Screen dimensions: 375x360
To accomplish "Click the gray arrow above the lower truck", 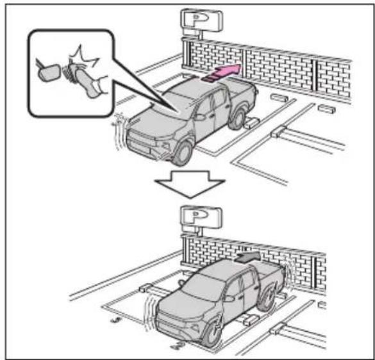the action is pyautogui.click(x=247, y=257).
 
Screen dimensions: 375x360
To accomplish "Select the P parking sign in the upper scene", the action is pyautogui.click(x=201, y=20).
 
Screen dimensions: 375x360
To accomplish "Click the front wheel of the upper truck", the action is pyautogui.click(x=183, y=153).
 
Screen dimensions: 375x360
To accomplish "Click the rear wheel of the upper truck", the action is pyautogui.click(x=237, y=119).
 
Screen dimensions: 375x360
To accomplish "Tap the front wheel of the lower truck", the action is pyautogui.click(x=212, y=332).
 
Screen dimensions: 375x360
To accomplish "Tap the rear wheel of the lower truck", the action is pyautogui.click(x=267, y=299).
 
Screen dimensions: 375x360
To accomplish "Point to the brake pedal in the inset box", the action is pyautogui.click(x=49, y=72).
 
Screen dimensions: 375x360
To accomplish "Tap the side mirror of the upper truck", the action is pyautogui.click(x=199, y=117).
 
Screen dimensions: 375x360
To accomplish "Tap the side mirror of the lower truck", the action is pyautogui.click(x=229, y=298).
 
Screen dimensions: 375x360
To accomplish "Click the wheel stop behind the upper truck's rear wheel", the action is pyautogui.click(x=251, y=124).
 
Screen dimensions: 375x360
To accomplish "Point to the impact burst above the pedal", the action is pyautogui.click(x=83, y=58).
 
